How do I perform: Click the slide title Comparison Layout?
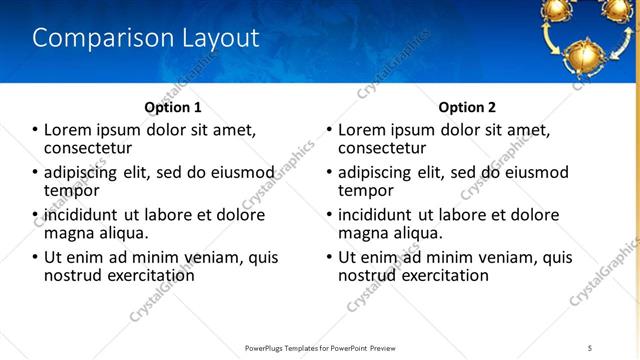click(146, 38)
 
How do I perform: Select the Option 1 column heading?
click(173, 107)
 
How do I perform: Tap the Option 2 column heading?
click(467, 107)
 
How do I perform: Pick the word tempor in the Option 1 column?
click(72, 189)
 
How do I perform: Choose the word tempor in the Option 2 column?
click(366, 189)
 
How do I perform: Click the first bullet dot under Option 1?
click(35, 130)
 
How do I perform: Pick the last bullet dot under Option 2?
click(329, 257)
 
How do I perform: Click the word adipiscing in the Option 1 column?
click(89, 173)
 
